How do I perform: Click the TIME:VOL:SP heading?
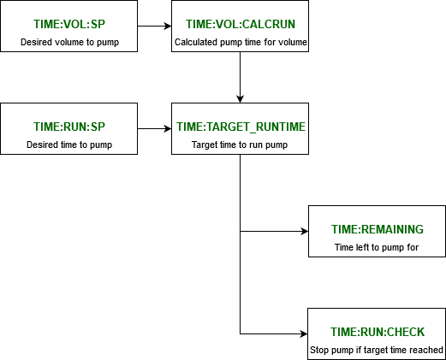pos(69,24)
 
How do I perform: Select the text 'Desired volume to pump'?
pos(69,42)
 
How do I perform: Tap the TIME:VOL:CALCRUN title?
pos(241,24)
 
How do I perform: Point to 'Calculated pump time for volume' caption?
pos(241,42)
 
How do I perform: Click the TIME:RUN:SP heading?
pos(69,127)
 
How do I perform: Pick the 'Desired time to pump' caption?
pos(69,145)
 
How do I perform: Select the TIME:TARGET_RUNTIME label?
pos(241,127)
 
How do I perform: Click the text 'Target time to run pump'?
pos(241,145)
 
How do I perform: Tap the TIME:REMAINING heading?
pos(378,229)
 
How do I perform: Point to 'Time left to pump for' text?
pos(378,247)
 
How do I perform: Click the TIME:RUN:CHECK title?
pos(378,332)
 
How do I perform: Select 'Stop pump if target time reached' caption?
pos(378,350)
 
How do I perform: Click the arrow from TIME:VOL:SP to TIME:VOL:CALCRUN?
pos(154,26)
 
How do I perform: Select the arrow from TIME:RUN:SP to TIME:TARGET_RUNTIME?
pos(154,128)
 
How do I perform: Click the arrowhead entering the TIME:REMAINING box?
pos(303,231)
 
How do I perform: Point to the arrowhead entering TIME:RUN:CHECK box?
pos(303,333)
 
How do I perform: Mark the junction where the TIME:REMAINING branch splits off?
pos(241,231)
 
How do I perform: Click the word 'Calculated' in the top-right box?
pos(195,42)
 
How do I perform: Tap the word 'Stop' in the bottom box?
pos(319,350)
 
